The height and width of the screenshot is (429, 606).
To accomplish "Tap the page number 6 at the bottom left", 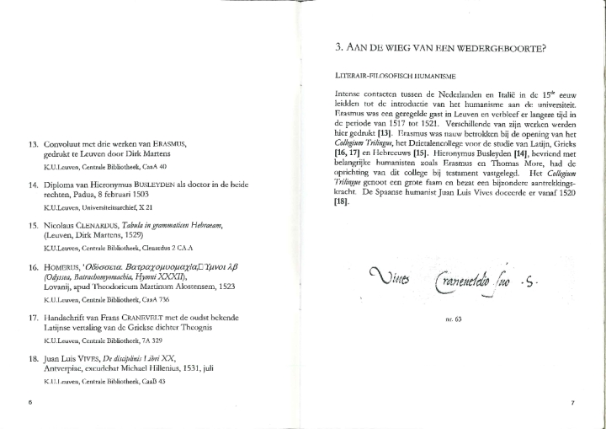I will point(30,403).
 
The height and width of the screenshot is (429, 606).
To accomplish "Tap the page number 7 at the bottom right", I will point(572,403).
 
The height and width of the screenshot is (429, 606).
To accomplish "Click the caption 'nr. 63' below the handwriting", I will point(454,319).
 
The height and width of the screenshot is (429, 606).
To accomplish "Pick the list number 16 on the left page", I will point(35,266).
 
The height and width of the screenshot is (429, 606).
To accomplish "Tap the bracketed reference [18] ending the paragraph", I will point(341,201).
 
